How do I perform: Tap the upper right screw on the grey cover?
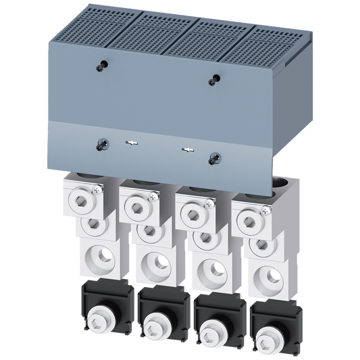(215, 79)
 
